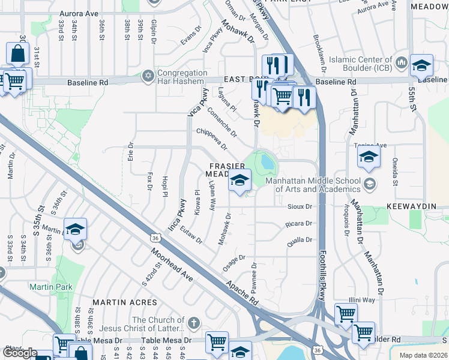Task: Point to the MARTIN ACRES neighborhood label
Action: [x=125, y=302]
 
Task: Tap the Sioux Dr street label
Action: [x=301, y=206]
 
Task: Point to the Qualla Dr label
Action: [x=301, y=240]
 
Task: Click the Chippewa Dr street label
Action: [x=212, y=138]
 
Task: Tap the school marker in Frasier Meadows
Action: [x=240, y=181]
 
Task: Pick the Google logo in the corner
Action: [x=20, y=353]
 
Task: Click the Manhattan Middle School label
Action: [x=309, y=185]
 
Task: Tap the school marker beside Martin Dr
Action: [x=76, y=230]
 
